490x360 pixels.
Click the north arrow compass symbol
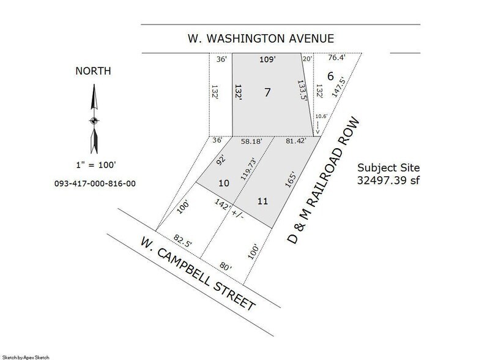click(93, 120)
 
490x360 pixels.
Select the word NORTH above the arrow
click(93, 70)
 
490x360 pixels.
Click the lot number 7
click(267, 92)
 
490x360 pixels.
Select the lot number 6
click(330, 77)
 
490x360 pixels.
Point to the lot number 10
click(224, 183)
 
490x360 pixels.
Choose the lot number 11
click(263, 200)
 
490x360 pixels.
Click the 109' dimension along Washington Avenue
click(267, 59)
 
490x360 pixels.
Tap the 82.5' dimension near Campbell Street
click(182, 239)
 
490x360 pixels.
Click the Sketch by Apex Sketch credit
click(25, 356)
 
